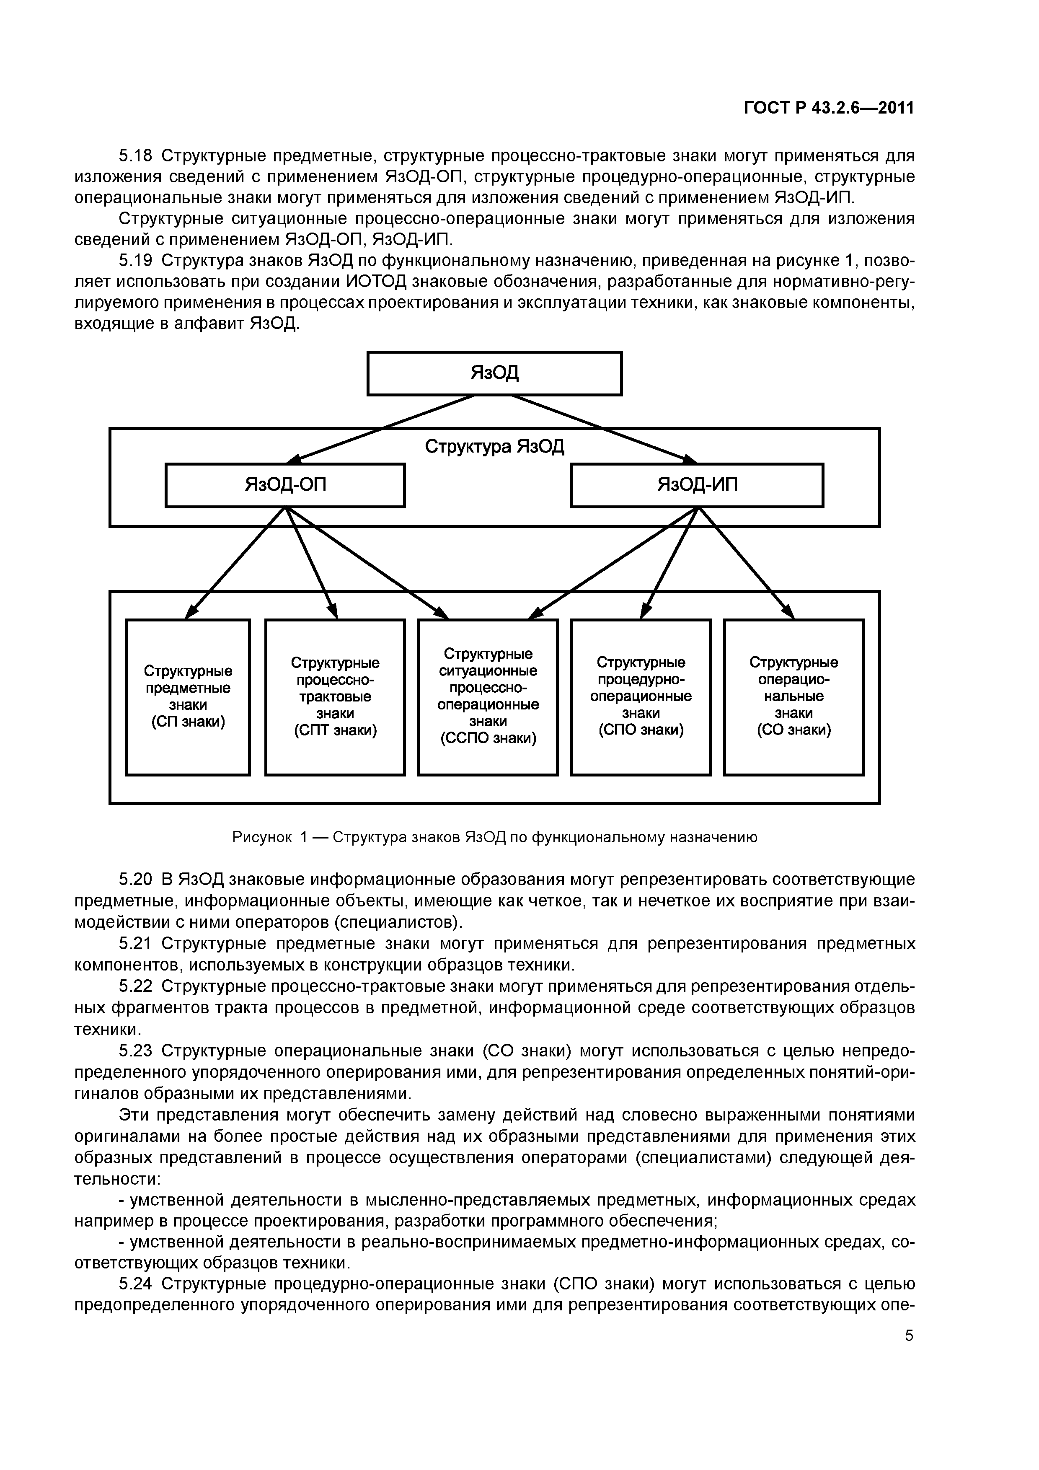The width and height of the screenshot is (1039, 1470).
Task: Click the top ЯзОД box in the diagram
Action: click(494, 373)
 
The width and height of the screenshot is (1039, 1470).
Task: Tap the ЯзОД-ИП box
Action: click(697, 485)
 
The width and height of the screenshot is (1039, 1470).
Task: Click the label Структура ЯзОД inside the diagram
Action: click(494, 446)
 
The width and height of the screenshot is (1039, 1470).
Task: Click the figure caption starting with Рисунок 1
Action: click(494, 837)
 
